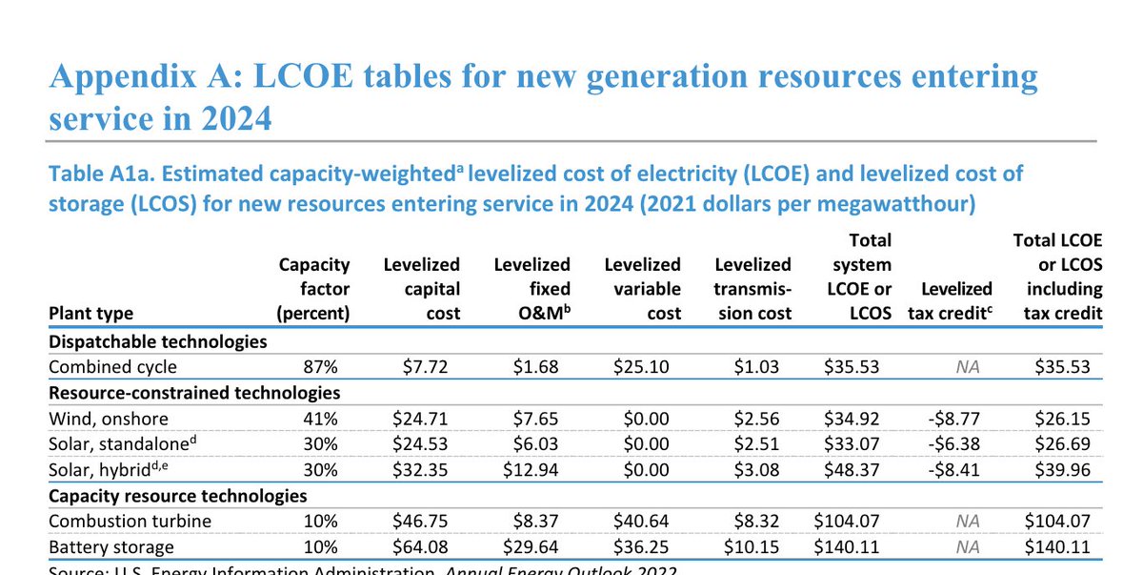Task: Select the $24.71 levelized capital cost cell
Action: [x=420, y=417]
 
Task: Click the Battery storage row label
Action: [x=110, y=546]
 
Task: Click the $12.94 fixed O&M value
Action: [x=532, y=468]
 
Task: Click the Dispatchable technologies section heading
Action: [x=156, y=340]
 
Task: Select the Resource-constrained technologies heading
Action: [x=193, y=392]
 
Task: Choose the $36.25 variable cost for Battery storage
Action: [x=643, y=546]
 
